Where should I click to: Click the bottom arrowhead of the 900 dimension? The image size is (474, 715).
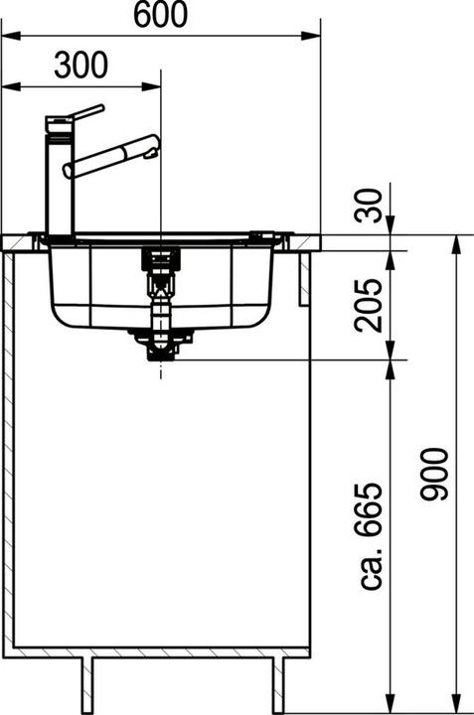point(457,705)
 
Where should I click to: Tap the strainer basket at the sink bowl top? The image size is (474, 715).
point(158,257)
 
